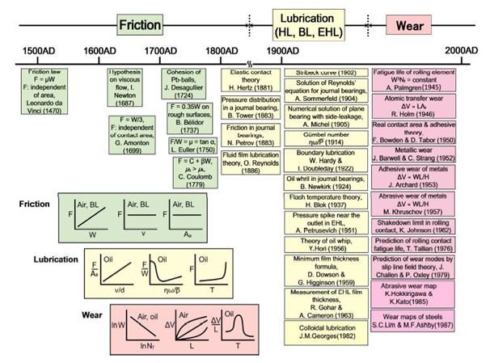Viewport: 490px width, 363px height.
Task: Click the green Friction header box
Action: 141,24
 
